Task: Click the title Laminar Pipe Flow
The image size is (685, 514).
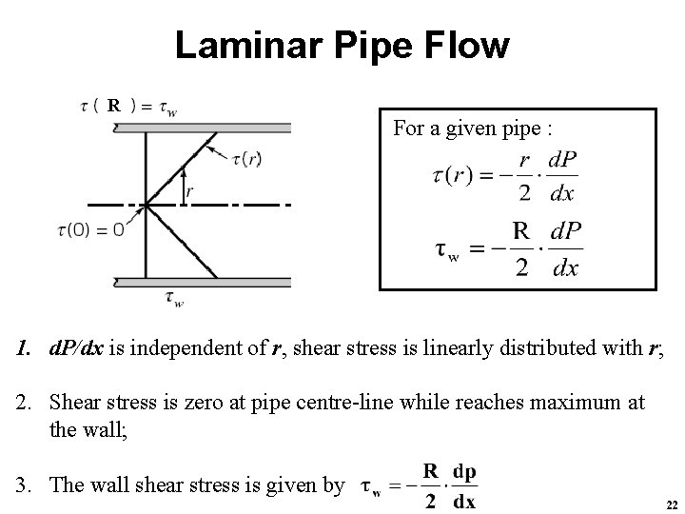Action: [342, 45]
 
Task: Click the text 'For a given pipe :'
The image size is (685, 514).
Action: [472, 128]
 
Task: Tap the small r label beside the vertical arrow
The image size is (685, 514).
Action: [190, 191]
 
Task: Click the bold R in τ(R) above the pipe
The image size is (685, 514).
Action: [113, 106]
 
